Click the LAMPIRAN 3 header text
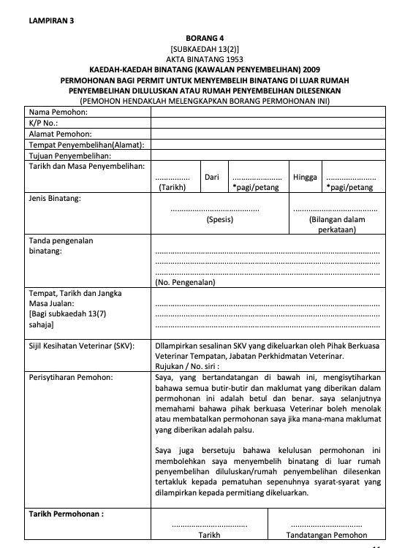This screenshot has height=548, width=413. coord(50,20)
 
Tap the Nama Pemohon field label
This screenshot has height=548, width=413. coord(58,113)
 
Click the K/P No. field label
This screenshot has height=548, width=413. coord(43,123)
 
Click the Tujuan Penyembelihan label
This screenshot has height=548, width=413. coord(69,156)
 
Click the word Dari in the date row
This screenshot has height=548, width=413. coord(212,177)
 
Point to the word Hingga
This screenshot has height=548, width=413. coord(305,177)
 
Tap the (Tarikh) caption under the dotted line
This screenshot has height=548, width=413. coord(173,187)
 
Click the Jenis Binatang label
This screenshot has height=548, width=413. coord(55,198)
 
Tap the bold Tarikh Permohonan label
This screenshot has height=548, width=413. coord(66,514)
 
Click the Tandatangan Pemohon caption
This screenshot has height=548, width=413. coord(326,535)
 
